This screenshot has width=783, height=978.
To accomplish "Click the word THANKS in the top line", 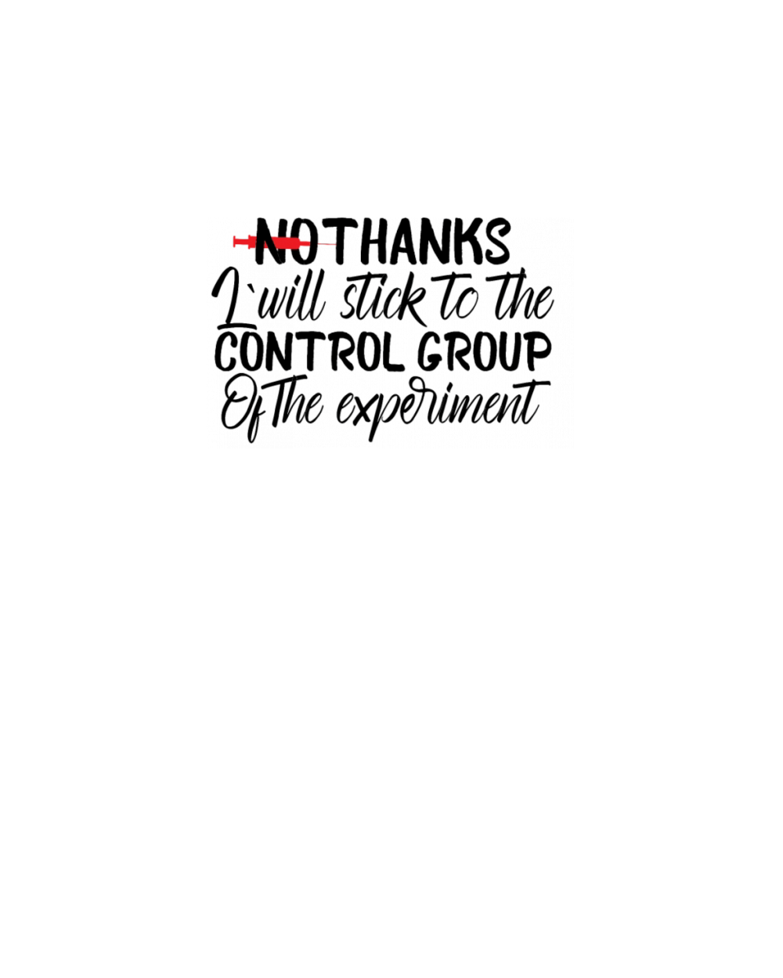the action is (422, 241).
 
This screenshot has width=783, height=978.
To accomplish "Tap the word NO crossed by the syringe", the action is (284, 241).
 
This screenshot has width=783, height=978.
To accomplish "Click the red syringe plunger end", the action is (234, 241).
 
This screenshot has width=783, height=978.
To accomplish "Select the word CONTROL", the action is (310, 352).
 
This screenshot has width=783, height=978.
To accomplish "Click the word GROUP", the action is (485, 352).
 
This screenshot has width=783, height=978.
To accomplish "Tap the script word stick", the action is (383, 300).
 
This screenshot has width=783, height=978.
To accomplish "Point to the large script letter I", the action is (233, 297).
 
